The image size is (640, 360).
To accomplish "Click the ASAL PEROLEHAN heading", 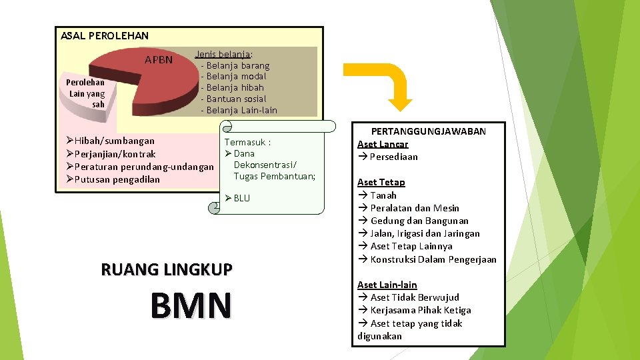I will pyautogui.click(x=105, y=35).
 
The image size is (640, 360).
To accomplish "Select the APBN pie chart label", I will pyautogui.click(x=159, y=60).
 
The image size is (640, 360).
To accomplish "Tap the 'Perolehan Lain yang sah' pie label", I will pyautogui.click(x=85, y=93).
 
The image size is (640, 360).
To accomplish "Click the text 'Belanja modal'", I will pyautogui.click(x=237, y=76).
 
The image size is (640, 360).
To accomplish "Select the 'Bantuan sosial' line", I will pyautogui.click(x=237, y=99).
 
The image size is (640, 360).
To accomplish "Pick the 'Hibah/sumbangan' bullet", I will pyautogui.click(x=114, y=141).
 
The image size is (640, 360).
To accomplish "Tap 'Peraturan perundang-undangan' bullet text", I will pyautogui.click(x=144, y=166).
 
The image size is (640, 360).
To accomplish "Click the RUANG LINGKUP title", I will pyautogui.click(x=167, y=269).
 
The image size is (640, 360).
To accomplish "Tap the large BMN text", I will pyautogui.click(x=191, y=305).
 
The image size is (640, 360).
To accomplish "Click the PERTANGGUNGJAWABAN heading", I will pyautogui.click(x=429, y=131).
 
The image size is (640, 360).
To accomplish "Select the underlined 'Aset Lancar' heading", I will pyautogui.click(x=383, y=144).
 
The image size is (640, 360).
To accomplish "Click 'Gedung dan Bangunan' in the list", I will pyautogui.click(x=419, y=221).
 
